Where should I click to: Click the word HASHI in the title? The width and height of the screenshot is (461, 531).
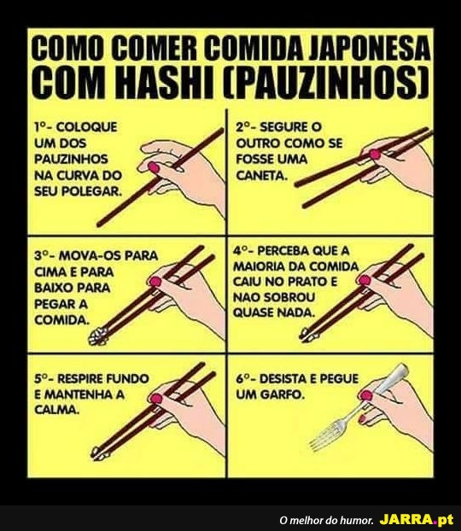(x=168, y=82)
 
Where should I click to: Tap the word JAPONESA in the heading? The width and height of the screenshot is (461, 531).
(x=370, y=50)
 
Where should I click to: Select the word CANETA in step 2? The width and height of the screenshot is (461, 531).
(x=261, y=175)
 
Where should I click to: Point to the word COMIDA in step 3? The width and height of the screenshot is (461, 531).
(x=62, y=320)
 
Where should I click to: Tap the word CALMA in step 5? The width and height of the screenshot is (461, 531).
(x=57, y=410)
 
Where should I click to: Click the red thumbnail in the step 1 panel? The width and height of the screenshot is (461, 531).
(x=153, y=167)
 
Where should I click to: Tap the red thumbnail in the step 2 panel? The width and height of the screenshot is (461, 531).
(x=375, y=155)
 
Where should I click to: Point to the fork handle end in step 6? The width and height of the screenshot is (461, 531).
(x=402, y=369)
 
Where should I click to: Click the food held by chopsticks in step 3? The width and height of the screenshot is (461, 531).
(x=97, y=337)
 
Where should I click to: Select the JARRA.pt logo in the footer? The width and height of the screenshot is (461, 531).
(x=416, y=519)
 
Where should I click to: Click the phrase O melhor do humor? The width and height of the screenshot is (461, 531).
(x=326, y=520)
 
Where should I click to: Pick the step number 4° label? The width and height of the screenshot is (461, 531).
(x=242, y=251)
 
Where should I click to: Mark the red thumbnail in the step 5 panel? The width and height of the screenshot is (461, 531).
(x=156, y=398)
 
